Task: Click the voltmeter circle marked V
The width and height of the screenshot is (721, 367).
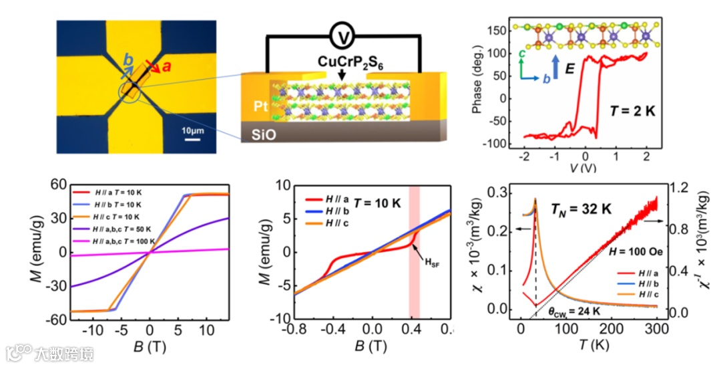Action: pyautogui.click(x=342, y=38)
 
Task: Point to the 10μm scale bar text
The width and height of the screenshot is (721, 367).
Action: pyautogui.click(x=192, y=128)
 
